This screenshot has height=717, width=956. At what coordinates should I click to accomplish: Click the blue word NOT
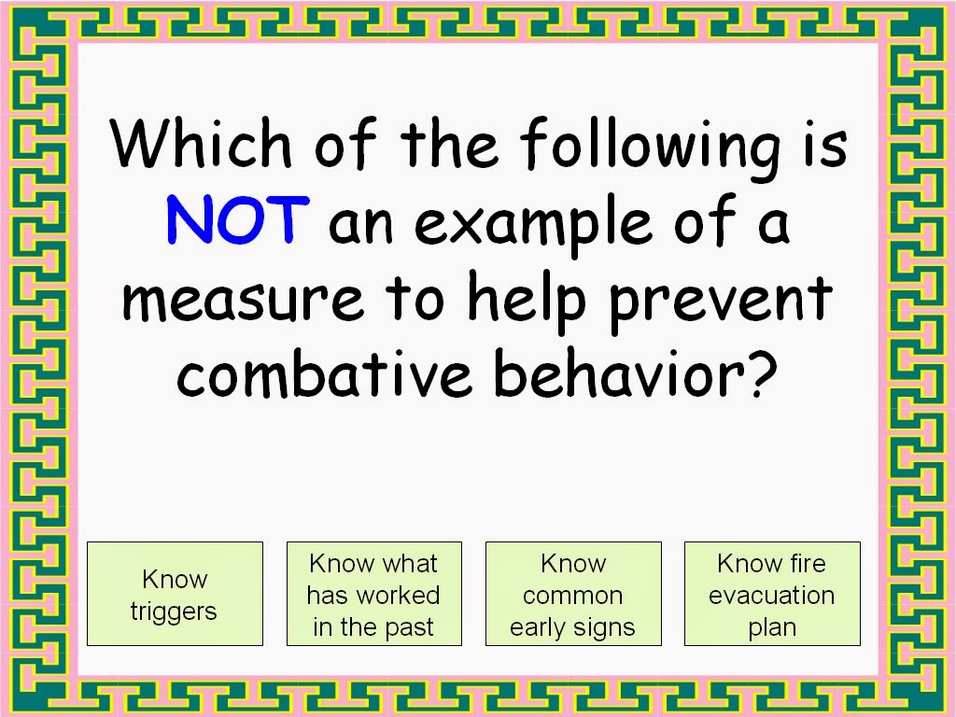(x=238, y=219)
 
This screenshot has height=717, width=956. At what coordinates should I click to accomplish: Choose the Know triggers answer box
(x=175, y=593)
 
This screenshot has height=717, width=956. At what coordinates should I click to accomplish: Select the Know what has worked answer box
(x=374, y=593)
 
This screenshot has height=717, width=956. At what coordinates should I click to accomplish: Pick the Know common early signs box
(x=573, y=593)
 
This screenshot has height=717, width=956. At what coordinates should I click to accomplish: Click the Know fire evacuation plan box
(x=772, y=593)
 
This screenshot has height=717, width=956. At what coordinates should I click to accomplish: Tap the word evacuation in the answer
(x=772, y=595)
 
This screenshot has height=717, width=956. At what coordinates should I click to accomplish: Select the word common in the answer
(x=572, y=597)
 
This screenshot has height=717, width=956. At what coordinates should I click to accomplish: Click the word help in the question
(x=527, y=300)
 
